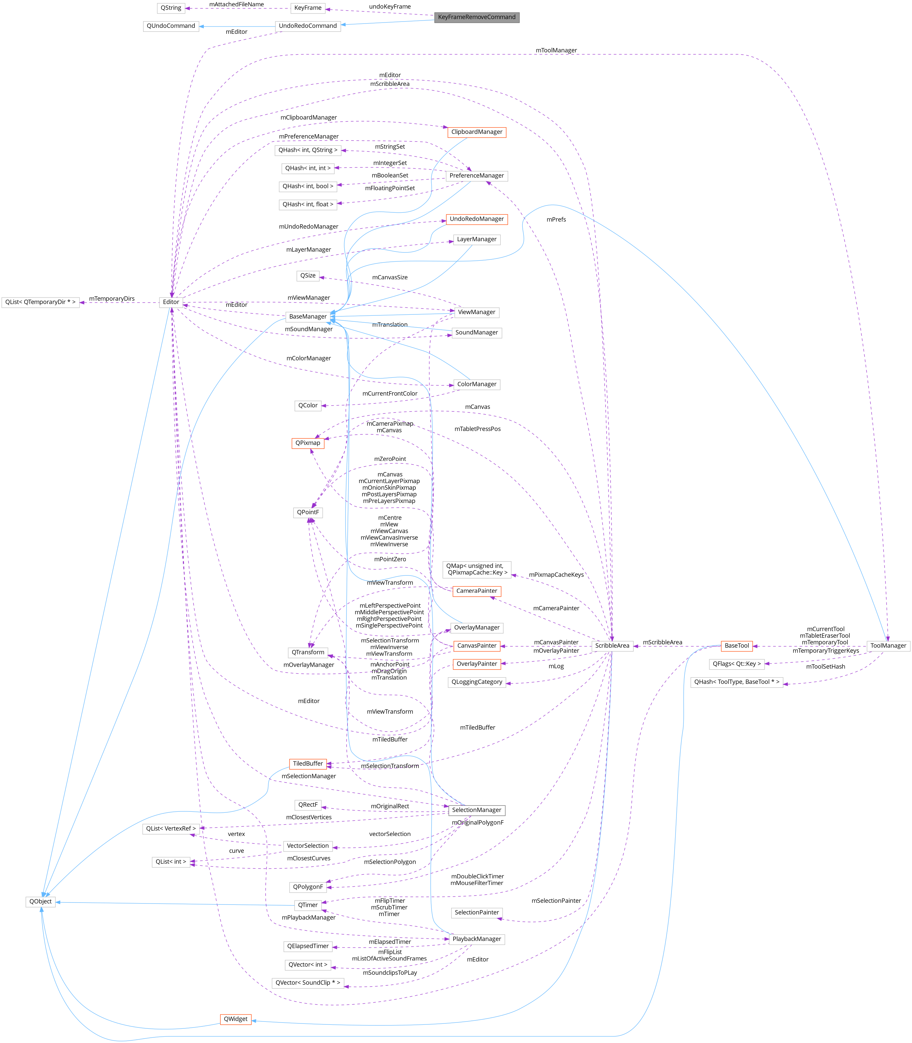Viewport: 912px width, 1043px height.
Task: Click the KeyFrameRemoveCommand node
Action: [x=476, y=17]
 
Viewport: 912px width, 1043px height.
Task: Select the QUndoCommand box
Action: [x=171, y=26]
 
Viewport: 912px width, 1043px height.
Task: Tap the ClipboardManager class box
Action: [x=476, y=132]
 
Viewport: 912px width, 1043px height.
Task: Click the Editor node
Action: [x=171, y=302]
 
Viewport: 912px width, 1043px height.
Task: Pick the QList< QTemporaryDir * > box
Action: [x=40, y=302]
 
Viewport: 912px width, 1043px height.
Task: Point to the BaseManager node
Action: [x=307, y=317]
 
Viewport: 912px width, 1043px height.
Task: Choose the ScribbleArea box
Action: [x=612, y=645]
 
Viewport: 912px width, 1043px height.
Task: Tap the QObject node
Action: [x=40, y=902]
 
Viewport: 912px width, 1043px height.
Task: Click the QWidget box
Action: [x=236, y=1019]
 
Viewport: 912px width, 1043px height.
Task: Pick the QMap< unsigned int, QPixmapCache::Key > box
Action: [x=476, y=569]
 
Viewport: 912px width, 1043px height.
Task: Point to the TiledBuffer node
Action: [x=307, y=764]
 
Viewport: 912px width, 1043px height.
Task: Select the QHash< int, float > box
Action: [x=307, y=204]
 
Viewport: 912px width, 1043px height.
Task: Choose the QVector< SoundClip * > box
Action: [x=307, y=982]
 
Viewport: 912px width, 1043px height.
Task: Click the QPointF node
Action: [x=307, y=512]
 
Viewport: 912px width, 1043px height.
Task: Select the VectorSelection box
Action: [x=307, y=846]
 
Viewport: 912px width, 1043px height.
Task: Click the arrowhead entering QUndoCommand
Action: [x=202, y=26]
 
